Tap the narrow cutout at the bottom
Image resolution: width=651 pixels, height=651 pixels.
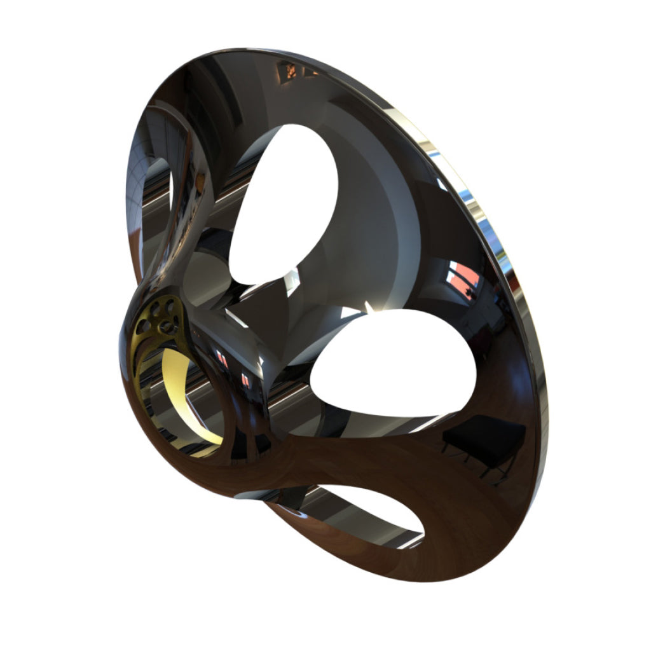click(x=356, y=512)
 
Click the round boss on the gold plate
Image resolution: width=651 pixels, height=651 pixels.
click(x=167, y=327)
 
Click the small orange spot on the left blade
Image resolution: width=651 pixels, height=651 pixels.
click(x=202, y=184)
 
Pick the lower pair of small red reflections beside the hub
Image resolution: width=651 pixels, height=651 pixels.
click(x=246, y=380)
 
